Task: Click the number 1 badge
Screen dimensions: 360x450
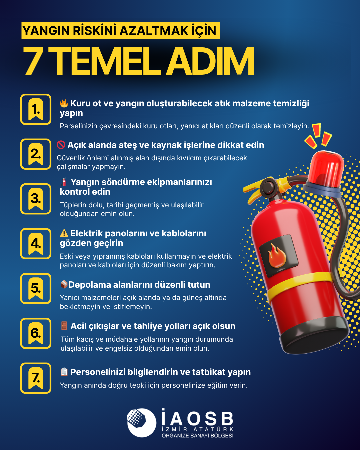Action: click(36, 109)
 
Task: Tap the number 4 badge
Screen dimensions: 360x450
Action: click(36, 244)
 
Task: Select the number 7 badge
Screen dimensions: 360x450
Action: click(36, 378)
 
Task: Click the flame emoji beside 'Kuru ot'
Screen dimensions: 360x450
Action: click(64, 103)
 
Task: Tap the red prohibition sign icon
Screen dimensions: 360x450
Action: click(61, 145)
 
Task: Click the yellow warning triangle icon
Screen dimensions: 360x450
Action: click(64, 233)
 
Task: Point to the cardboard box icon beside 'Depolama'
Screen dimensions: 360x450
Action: click(64, 284)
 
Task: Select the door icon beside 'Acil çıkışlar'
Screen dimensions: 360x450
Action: click(64, 326)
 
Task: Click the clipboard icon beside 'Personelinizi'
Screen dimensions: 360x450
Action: click(64, 372)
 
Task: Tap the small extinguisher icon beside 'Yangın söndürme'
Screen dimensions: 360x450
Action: click(64, 182)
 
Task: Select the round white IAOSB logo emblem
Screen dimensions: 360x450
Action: click(142, 423)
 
